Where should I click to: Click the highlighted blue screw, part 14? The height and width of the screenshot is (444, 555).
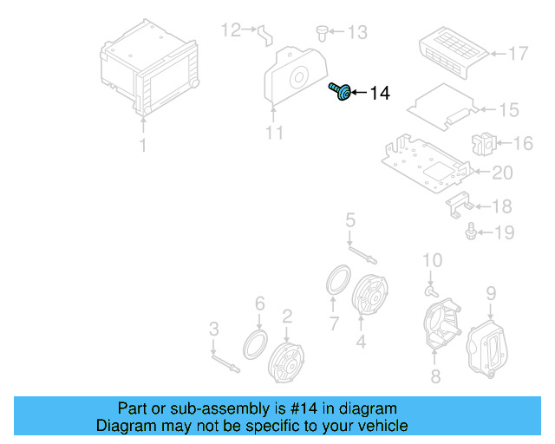[x=340, y=91]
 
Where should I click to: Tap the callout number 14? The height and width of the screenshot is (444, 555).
[x=380, y=94]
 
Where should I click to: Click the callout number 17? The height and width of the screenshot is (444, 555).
[x=518, y=54]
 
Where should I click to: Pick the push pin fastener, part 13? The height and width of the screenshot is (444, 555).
[x=323, y=32]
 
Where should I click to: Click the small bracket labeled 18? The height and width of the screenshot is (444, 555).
[x=460, y=206]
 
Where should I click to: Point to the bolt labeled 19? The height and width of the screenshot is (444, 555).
[x=472, y=232]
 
